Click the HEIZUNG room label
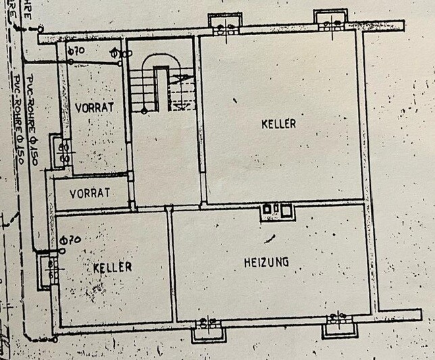[x=266, y=261]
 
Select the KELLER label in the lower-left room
[x=113, y=267]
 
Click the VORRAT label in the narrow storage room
[x=89, y=192]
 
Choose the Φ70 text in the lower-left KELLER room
[x=70, y=239]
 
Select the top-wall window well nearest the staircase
[x=224, y=25]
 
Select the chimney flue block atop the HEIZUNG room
[x=278, y=211]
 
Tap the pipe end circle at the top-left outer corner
[x=41, y=29]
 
